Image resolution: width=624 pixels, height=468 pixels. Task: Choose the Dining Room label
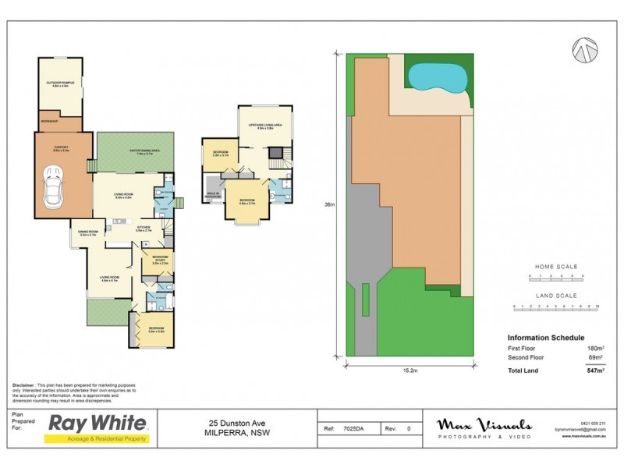tap(87, 232)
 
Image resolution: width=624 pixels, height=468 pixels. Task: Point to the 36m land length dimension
tap(330, 205)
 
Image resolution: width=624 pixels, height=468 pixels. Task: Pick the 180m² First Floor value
tap(596, 347)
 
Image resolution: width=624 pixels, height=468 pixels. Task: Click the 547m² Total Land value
tap(596, 370)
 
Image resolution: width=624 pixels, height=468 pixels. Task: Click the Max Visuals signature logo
tap(483, 427)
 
